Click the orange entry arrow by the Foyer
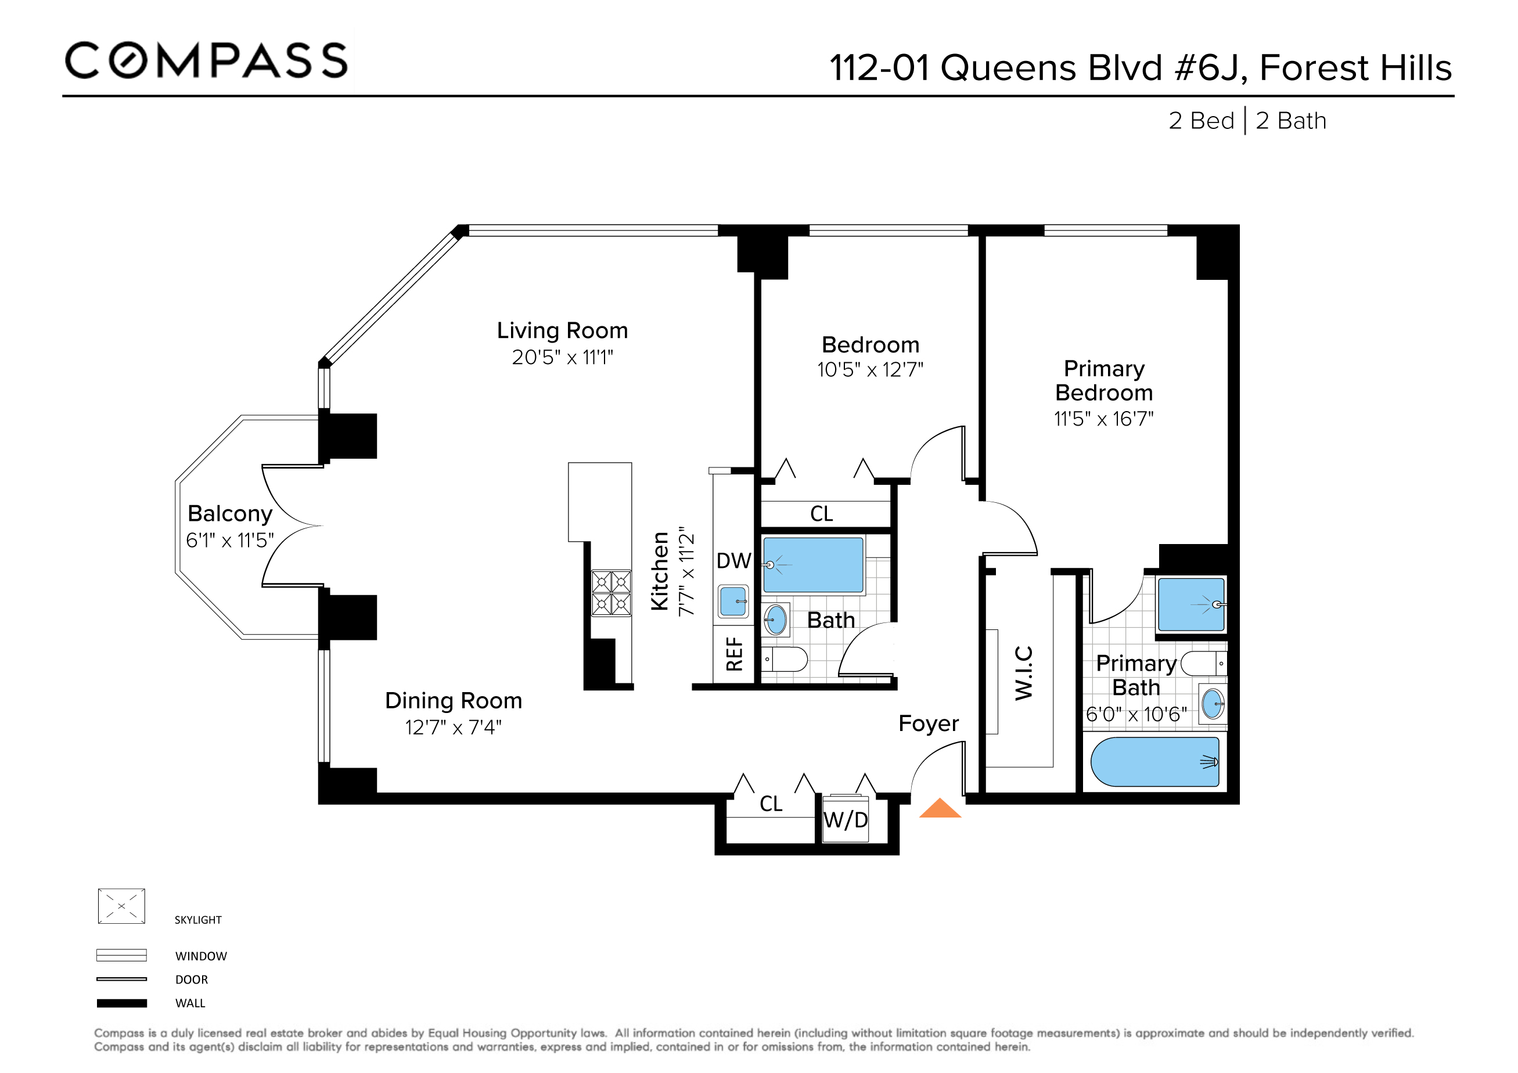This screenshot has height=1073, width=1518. click(x=940, y=809)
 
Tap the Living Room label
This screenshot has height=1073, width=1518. click(x=562, y=330)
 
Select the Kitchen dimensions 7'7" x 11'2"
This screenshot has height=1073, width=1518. click(x=688, y=572)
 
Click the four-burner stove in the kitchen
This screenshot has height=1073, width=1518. click(x=611, y=593)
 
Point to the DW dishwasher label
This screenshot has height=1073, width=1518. click(x=733, y=561)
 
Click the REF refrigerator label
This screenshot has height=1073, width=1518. click(x=735, y=654)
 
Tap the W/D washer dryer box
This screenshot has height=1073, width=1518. click(x=845, y=820)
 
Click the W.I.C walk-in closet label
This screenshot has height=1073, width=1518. click(x=1023, y=673)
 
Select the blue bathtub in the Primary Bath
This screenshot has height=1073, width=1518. click(x=1154, y=762)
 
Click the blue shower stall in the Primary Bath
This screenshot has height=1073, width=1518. click(x=1190, y=604)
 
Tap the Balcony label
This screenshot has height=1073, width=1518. click(x=229, y=514)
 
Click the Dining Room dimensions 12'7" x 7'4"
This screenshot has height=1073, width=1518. click(x=453, y=727)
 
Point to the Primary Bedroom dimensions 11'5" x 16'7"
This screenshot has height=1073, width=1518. click(x=1103, y=419)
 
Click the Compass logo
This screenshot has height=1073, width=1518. click(x=206, y=60)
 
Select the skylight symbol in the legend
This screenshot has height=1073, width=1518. click(x=121, y=906)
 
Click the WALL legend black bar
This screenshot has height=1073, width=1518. click(x=121, y=1003)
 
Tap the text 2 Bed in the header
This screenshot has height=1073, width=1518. click(x=1201, y=121)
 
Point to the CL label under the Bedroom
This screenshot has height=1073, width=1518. click(x=821, y=514)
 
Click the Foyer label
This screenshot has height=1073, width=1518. click(x=927, y=723)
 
